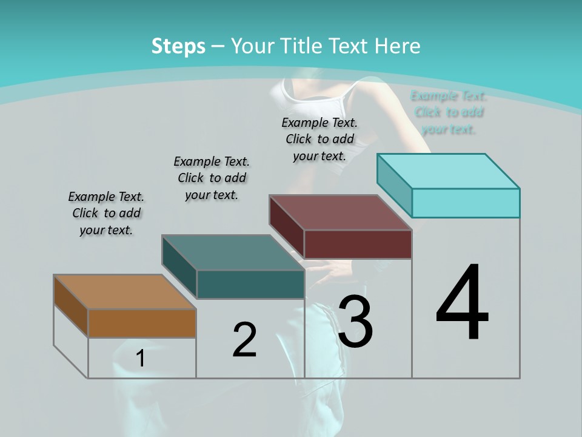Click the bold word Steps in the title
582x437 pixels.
pyautogui.click(x=178, y=46)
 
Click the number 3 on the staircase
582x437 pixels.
pyautogui.click(x=355, y=322)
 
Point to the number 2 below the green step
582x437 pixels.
pyautogui.click(x=244, y=340)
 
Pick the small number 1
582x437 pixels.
pyautogui.click(x=141, y=359)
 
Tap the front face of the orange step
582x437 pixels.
pyautogui.click(x=142, y=323)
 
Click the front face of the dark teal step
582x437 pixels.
pyautogui.click(x=250, y=284)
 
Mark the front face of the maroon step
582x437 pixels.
pyautogui.click(x=358, y=244)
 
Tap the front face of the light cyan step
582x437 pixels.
pyautogui.click(x=466, y=203)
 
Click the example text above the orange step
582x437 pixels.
pyautogui.click(x=106, y=213)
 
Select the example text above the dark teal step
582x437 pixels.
pyautogui.click(x=212, y=178)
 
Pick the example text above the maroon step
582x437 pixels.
pyautogui.click(x=319, y=139)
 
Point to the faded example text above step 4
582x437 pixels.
pyautogui.click(x=449, y=112)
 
